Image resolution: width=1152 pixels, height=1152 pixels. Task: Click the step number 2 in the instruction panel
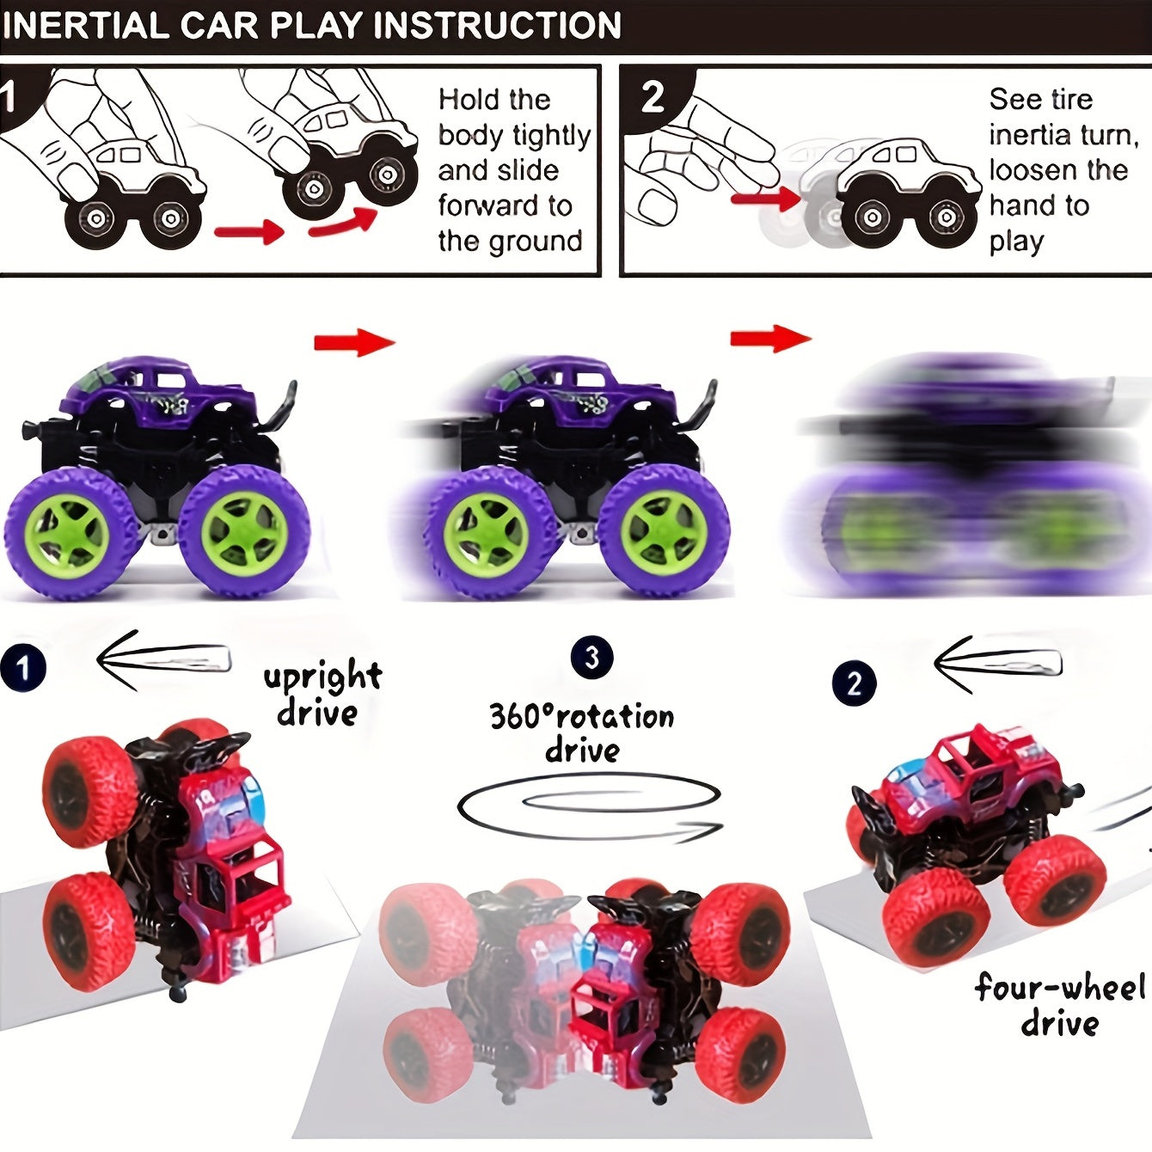pos(653,97)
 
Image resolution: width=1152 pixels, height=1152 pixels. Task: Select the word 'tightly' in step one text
pos(551,136)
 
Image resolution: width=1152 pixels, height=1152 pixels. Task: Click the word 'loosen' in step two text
pos(1032,170)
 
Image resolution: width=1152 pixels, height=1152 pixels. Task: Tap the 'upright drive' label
pos(322,695)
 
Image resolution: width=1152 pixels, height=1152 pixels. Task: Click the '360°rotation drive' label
pos(582,732)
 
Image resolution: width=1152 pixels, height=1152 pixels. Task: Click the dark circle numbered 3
pos(591,658)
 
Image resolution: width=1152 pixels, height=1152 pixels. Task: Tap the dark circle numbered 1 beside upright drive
pos(23,668)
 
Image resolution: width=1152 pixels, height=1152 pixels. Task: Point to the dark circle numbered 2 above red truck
pos(854,683)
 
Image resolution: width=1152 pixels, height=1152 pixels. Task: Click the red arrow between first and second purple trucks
pos(353,343)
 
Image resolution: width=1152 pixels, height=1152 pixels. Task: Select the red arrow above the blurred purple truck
pos(769,338)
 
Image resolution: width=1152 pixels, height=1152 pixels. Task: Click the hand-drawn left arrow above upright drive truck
pos(163,659)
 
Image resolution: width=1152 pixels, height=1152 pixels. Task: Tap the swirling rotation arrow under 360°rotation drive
pos(590,809)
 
